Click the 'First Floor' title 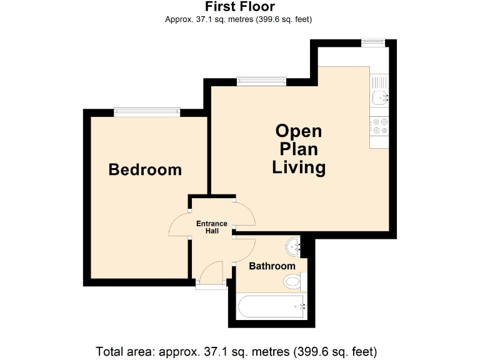[239, 7]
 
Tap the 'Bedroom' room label [145, 169]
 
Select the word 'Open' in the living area [299, 131]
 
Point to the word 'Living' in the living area [299, 167]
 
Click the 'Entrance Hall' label [212, 227]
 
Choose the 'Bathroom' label [272, 266]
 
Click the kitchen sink [379, 97]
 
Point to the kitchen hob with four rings [379, 126]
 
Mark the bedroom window [147, 112]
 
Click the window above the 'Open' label [261, 81]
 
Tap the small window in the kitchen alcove [374, 42]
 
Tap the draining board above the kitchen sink [379, 82]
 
